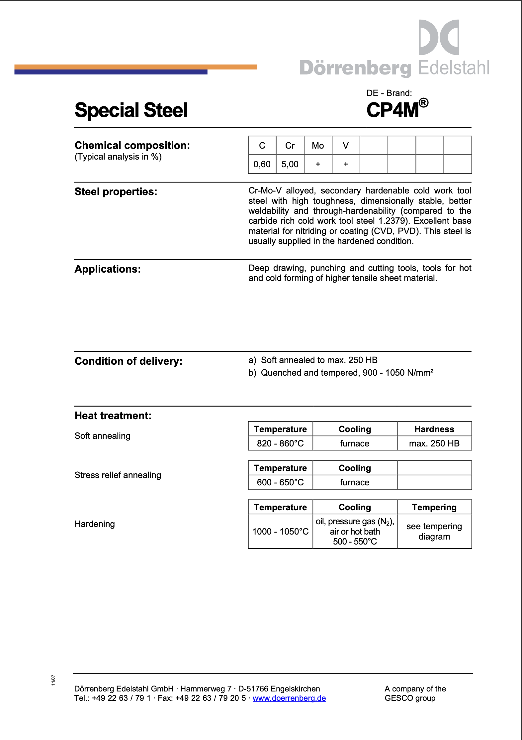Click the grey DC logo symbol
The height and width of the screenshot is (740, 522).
pyautogui.click(x=439, y=37)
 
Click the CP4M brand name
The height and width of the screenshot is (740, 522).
pyautogui.click(x=393, y=110)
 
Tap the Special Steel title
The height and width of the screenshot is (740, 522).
pyautogui.click(x=131, y=110)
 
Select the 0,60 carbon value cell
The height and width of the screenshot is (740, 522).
pyautogui.click(x=262, y=164)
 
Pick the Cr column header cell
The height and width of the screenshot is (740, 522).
pyautogui.click(x=290, y=146)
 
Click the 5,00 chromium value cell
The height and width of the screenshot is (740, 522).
pyautogui.click(x=290, y=164)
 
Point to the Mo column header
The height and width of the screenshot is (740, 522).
pyautogui.click(x=318, y=146)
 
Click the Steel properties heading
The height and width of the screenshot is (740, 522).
pyautogui.click(x=116, y=192)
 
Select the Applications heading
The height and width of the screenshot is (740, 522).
pyautogui.click(x=108, y=269)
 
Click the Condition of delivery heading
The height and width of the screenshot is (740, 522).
pyautogui.click(x=129, y=361)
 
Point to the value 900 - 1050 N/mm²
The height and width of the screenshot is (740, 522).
pyautogui.click(x=398, y=373)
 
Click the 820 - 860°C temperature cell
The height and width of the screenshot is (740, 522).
pyautogui.click(x=280, y=443)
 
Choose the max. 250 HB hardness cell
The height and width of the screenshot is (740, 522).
pyautogui.click(x=434, y=443)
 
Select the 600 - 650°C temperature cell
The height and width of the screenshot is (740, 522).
pyautogui.click(x=280, y=482)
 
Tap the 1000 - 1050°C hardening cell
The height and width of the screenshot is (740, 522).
pyautogui.click(x=280, y=532)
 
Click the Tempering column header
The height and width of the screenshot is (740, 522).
pyautogui.click(x=434, y=507)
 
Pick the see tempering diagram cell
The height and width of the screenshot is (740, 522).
pyautogui.click(x=434, y=532)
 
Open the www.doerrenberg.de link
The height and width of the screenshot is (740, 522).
pyautogui.click(x=289, y=698)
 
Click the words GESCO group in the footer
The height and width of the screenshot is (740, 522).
pyautogui.click(x=410, y=698)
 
